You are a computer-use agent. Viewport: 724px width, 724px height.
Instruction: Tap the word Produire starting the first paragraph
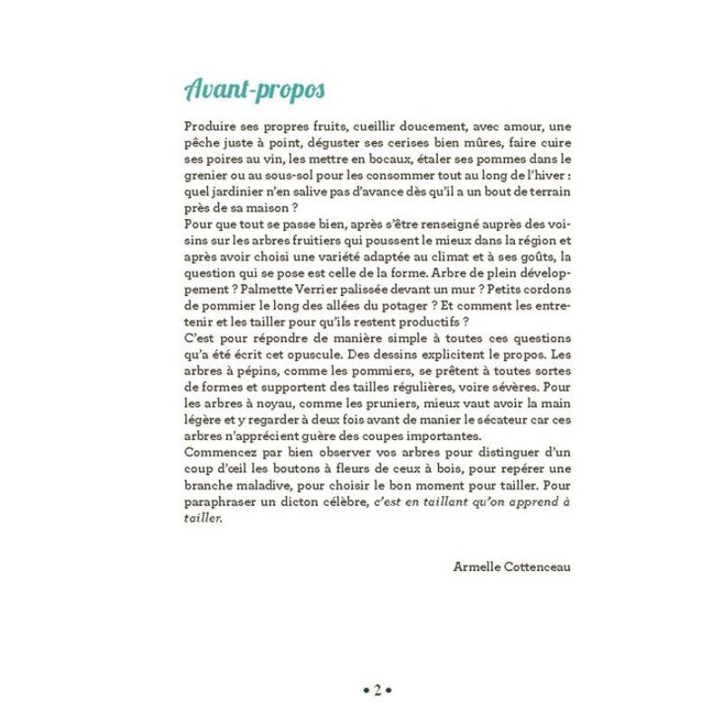click(x=209, y=128)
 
